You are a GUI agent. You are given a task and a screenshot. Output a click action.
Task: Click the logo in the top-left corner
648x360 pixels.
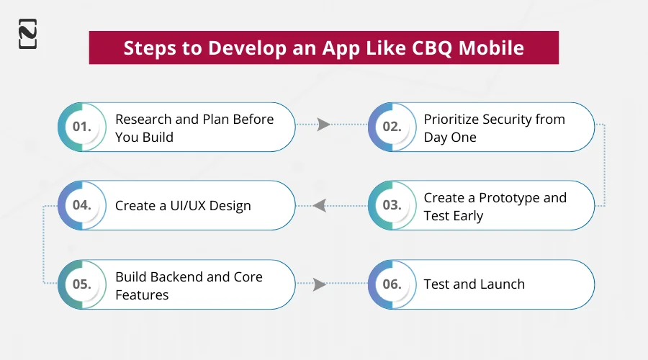point(27,34)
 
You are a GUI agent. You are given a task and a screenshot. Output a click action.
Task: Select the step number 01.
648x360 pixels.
point(81,126)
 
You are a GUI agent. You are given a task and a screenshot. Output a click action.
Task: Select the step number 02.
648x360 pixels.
point(392,126)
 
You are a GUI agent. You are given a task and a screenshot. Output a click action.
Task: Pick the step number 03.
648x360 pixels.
point(392,205)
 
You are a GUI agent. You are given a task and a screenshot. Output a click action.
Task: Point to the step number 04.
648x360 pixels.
point(81,205)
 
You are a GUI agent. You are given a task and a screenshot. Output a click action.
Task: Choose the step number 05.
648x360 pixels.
point(81,284)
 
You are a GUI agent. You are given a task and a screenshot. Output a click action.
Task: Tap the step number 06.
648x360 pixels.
point(392,284)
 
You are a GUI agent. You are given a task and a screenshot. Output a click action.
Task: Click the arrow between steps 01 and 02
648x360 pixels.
point(324,125)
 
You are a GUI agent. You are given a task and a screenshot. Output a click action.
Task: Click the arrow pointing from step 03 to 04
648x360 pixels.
point(320,206)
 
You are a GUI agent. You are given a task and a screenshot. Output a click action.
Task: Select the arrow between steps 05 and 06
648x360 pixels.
point(320,284)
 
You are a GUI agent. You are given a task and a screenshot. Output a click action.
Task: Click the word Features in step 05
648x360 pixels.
point(142,294)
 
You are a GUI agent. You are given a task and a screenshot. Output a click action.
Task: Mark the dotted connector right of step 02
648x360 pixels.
point(604,166)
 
